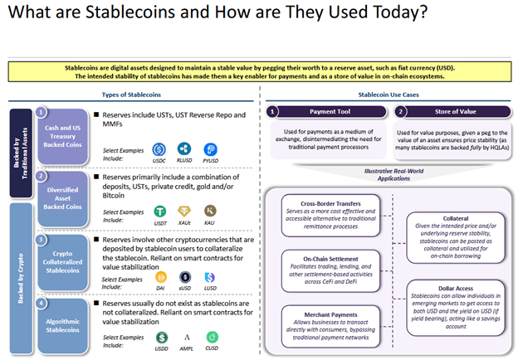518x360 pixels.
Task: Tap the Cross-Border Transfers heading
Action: (x=330, y=202)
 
